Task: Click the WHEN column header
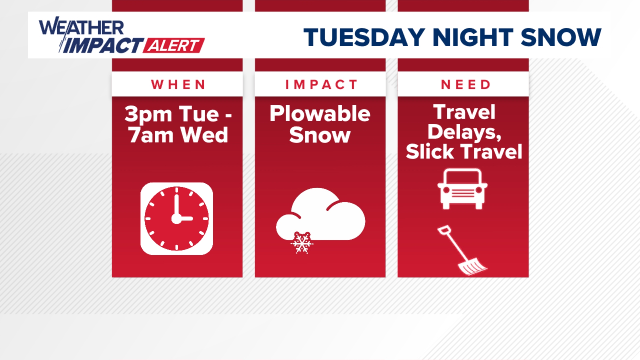click(178, 85)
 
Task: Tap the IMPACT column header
click(321, 85)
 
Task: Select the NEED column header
click(466, 85)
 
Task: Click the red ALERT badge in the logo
click(174, 45)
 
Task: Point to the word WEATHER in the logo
click(82, 27)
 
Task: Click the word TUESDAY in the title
click(364, 37)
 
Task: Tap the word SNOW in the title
click(561, 37)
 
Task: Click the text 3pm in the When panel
click(148, 114)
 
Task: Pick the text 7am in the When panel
click(151, 135)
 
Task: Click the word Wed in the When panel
click(204, 135)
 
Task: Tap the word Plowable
click(320, 114)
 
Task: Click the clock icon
click(177, 219)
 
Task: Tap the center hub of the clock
click(176, 219)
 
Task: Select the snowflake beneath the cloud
click(302, 243)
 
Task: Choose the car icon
click(462, 189)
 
